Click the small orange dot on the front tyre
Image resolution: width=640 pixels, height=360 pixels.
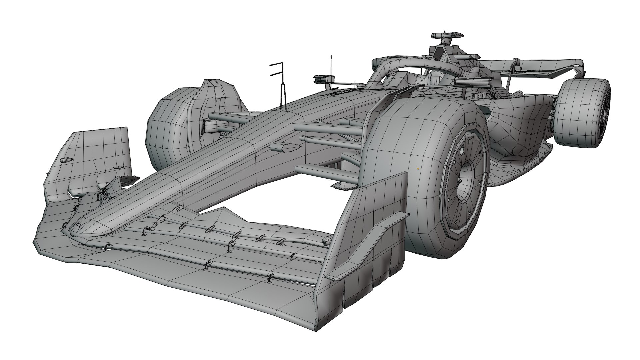pos(418,169)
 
